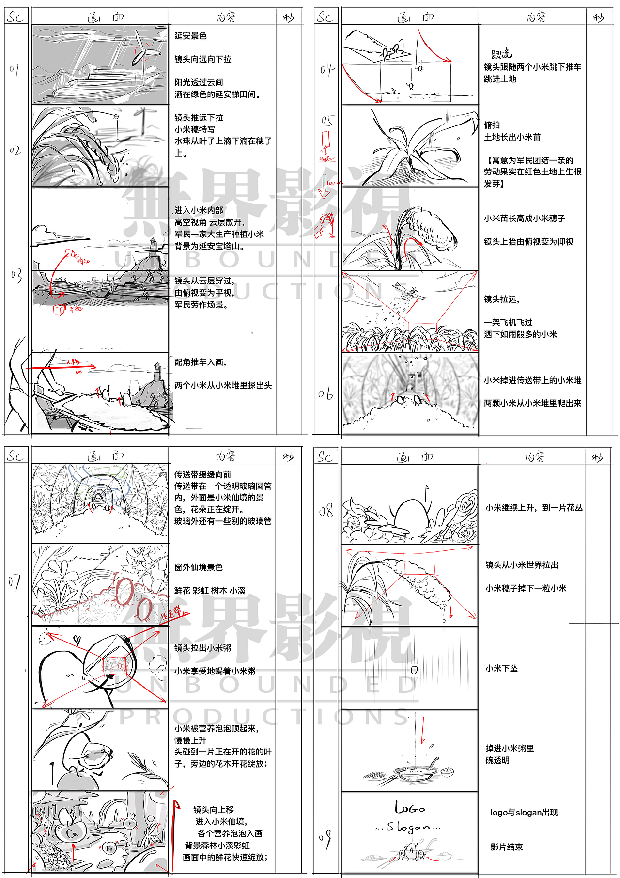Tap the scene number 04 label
[x=327, y=70]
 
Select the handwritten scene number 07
[x=14, y=581]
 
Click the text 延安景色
[x=190, y=36]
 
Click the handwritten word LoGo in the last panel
[x=410, y=808]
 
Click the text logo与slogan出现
[x=524, y=813]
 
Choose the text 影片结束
[x=506, y=847]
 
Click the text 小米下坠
[x=501, y=669]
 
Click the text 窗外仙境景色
[x=198, y=567]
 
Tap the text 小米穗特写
[x=194, y=129]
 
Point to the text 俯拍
[x=492, y=125]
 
